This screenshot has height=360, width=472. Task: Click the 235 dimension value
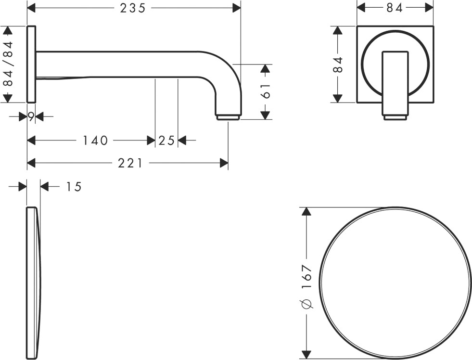pyautogui.click(x=132, y=8)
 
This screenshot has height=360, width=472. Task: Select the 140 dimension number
pyautogui.click(x=95, y=140)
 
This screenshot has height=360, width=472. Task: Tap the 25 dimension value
pyautogui.click(x=166, y=140)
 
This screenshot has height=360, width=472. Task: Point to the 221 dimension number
pyautogui.click(x=130, y=163)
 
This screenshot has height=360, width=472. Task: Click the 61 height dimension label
pyautogui.click(x=266, y=91)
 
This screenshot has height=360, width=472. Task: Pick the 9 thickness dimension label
pyautogui.click(x=31, y=116)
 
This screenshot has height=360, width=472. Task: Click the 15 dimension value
pyautogui.click(x=74, y=187)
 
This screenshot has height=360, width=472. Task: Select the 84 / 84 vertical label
pyautogui.click(x=8, y=64)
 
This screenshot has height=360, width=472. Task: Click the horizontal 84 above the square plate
pyautogui.click(x=395, y=8)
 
